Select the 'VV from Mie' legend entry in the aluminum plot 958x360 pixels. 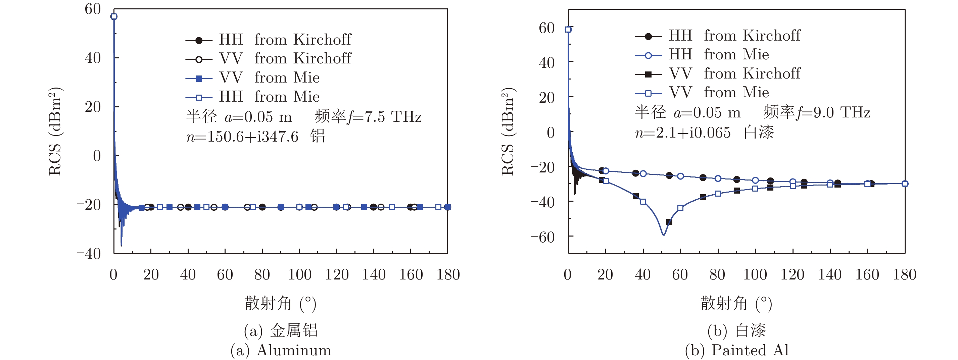click(x=253, y=78)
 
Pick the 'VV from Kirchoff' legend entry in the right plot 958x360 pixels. click(x=718, y=73)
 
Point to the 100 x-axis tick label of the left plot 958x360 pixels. click(x=299, y=275)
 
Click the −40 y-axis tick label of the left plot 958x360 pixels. click(x=89, y=254)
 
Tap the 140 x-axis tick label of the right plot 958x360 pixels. click(x=830, y=275)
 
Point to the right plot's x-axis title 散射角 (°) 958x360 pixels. click(x=736, y=303)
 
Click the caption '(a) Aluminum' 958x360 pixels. click(x=281, y=350)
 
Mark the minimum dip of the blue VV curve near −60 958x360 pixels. click(x=664, y=235)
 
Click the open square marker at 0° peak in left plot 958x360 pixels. click(x=114, y=16)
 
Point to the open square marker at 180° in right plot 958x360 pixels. click(x=905, y=183)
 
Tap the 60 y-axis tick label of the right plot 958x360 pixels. click(x=547, y=28)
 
